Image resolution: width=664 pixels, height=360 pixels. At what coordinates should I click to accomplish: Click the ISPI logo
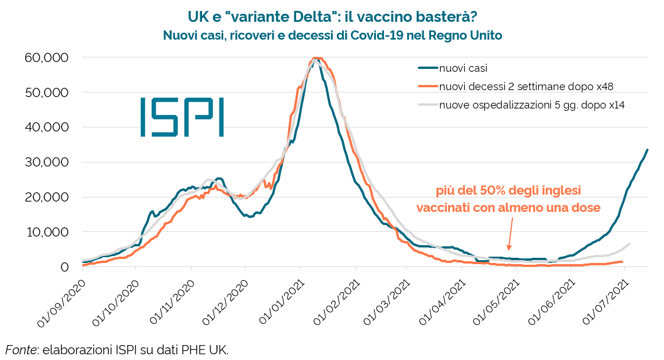(x=182, y=117)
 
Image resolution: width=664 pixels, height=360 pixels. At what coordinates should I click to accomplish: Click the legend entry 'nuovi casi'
(x=463, y=68)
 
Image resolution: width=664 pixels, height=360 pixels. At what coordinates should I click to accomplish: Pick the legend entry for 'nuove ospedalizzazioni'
(x=531, y=105)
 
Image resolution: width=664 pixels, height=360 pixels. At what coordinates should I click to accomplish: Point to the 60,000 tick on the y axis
(x=46, y=57)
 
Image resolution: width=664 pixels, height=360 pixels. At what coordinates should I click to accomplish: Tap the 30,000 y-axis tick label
(x=46, y=162)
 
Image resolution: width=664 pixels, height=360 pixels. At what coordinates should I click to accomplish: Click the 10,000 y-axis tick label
(x=46, y=232)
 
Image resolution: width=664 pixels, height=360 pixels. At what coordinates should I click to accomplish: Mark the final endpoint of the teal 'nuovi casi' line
(x=647, y=150)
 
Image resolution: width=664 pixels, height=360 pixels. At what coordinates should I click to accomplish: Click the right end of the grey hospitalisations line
(x=630, y=244)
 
